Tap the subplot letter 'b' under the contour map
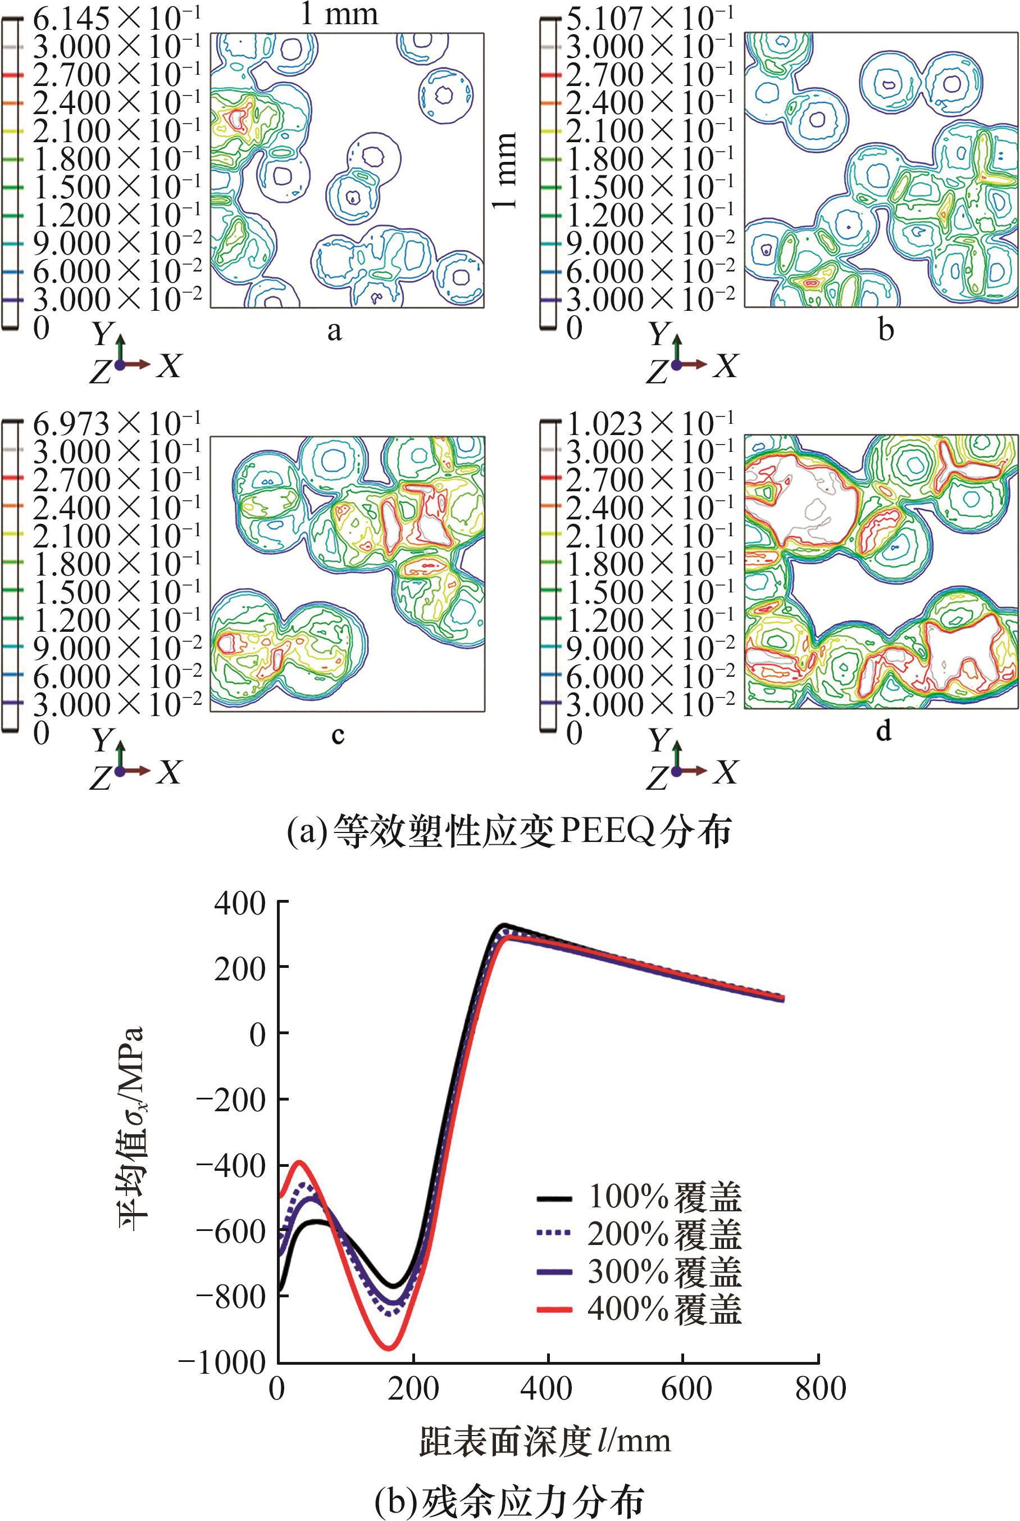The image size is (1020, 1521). [x=885, y=331]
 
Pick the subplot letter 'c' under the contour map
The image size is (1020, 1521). [x=337, y=735]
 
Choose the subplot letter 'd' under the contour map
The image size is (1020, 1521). [x=884, y=732]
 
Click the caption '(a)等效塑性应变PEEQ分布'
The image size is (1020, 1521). [x=509, y=831]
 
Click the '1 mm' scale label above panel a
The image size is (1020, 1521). [x=338, y=14]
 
